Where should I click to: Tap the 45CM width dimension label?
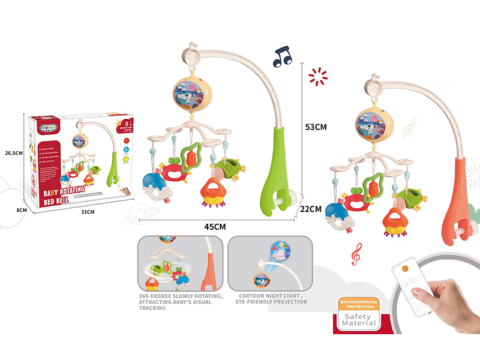pyautogui.click(x=214, y=226)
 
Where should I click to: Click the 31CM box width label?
pyautogui.click(x=87, y=212)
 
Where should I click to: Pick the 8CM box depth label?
pyautogui.click(x=22, y=210)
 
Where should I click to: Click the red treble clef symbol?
pyautogui.click(x=357, y=254)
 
